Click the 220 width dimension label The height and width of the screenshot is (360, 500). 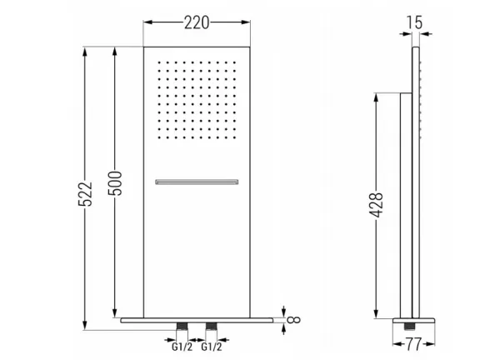[x=197, y=23]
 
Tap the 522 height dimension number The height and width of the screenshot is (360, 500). [x=85, y=194]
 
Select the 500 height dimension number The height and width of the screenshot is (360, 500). [x=115, y=183]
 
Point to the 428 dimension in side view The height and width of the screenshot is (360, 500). [x=376, y=205]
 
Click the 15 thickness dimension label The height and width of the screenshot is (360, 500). [x=414, y=22]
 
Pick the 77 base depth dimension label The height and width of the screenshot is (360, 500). [x=413, y=344]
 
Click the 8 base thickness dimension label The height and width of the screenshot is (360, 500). [x=293, y=320]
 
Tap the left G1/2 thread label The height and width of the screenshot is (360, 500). [x=182, y=347]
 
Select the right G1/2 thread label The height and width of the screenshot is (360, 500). [x=212, y=347]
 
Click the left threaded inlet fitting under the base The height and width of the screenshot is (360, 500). [x=182, y=326]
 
